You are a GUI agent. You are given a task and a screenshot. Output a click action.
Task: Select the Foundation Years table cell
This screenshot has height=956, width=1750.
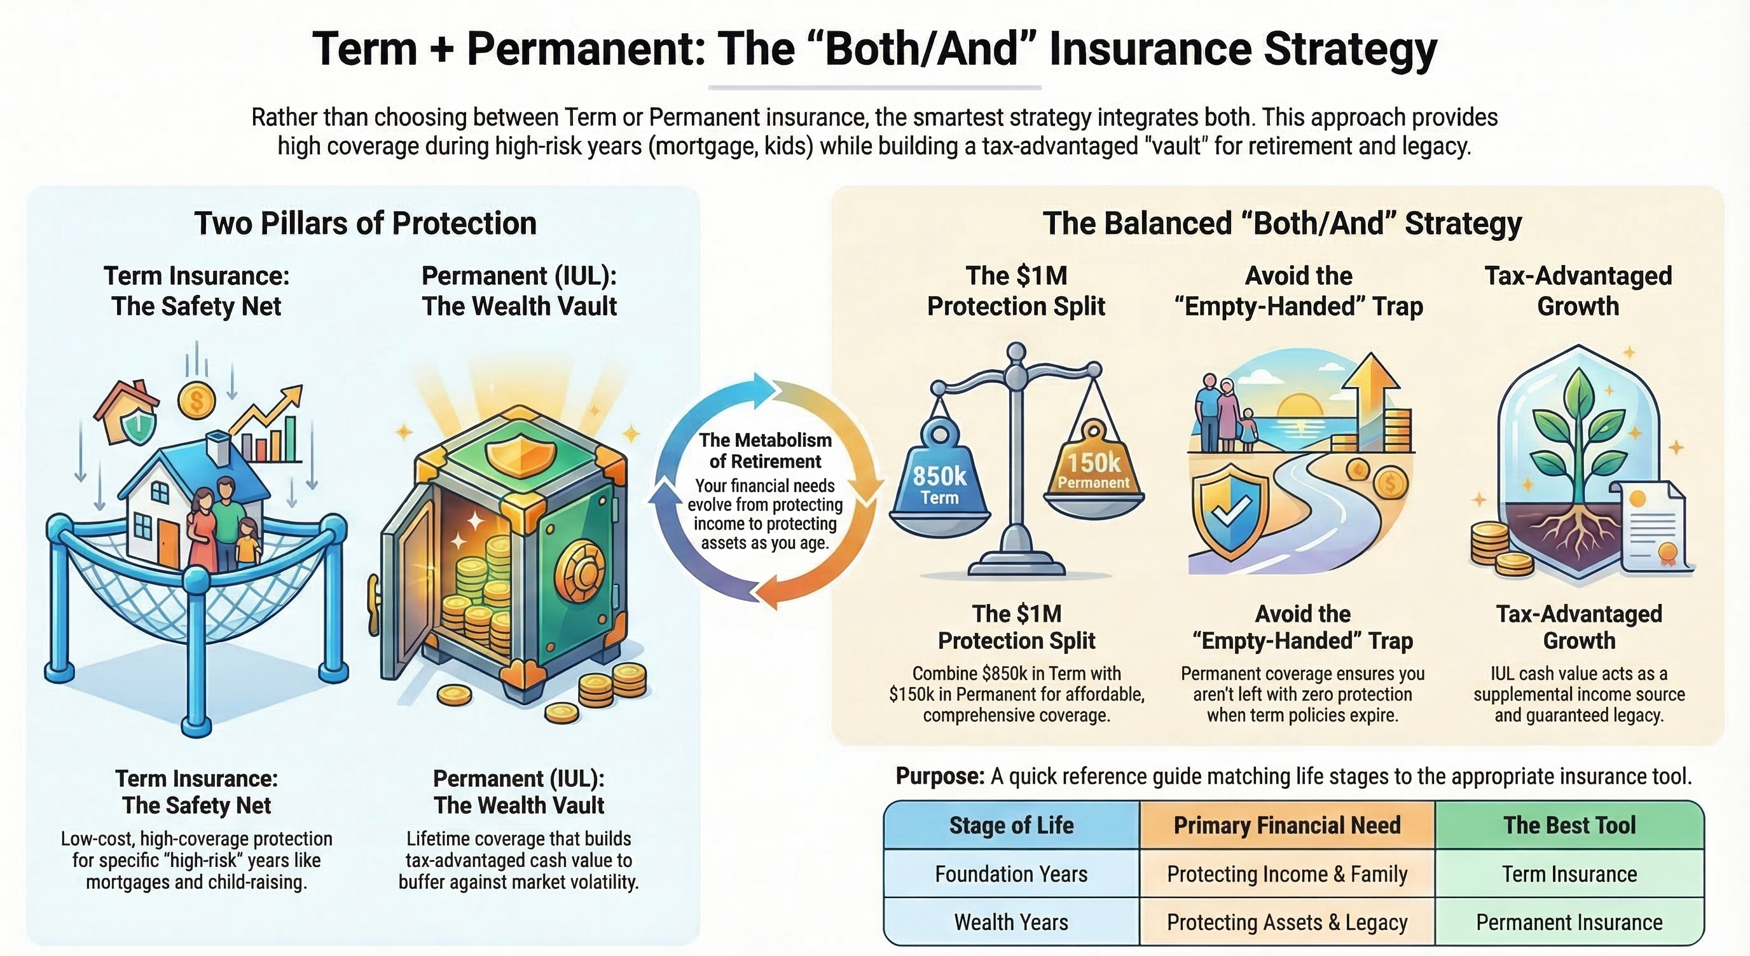click(1011, 874)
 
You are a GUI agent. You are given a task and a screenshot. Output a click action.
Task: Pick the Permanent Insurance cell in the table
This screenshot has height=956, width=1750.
click(1569, 922)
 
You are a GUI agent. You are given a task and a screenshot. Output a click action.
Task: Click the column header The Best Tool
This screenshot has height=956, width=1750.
click(1569, 825)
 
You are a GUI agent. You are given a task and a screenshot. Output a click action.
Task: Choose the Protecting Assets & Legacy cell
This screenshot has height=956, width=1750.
click(1286, 922)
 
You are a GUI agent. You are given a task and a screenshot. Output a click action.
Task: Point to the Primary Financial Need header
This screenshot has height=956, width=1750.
click(1286, 825)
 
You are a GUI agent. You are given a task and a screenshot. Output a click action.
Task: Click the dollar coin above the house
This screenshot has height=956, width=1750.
click(196, 400)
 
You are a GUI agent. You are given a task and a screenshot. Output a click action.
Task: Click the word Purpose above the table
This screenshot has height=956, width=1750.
click(939, 776)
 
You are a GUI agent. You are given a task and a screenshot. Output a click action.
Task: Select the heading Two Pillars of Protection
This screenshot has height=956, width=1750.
click(366, 223)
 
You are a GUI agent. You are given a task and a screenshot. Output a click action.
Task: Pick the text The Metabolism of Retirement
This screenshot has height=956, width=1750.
click(765, 451)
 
